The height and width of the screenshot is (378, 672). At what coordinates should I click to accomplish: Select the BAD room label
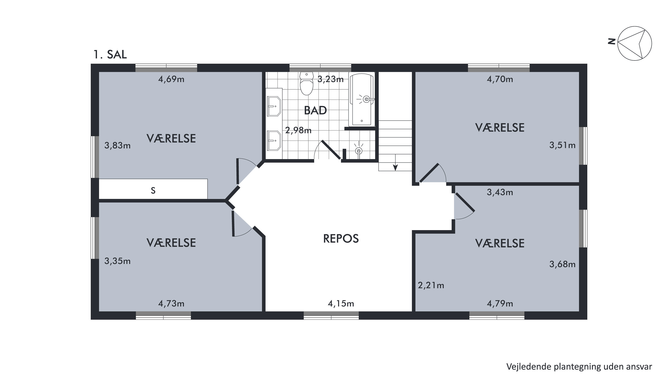(315, 110)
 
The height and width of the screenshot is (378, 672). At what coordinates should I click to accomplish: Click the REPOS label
(341, 238)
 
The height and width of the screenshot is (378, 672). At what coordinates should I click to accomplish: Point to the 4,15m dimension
(341, 303)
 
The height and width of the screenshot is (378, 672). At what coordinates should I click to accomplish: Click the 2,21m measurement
(431, 285)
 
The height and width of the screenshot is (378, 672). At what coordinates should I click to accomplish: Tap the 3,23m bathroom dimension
(331, 79)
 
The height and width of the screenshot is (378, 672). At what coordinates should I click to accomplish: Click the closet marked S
(153, 189)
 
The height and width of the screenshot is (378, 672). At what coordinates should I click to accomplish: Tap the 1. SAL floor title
(110, 54)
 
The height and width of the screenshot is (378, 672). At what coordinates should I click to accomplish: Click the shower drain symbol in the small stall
(359, 151)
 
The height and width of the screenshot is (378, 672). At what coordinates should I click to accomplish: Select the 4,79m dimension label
(500, 303)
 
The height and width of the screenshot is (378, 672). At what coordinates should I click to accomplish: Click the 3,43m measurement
(500, 192)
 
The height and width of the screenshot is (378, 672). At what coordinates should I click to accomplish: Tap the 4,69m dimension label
(171, 79)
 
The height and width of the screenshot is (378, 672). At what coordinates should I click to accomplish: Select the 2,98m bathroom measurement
(298, 130)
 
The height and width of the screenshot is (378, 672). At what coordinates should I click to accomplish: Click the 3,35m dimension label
(117, 261)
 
